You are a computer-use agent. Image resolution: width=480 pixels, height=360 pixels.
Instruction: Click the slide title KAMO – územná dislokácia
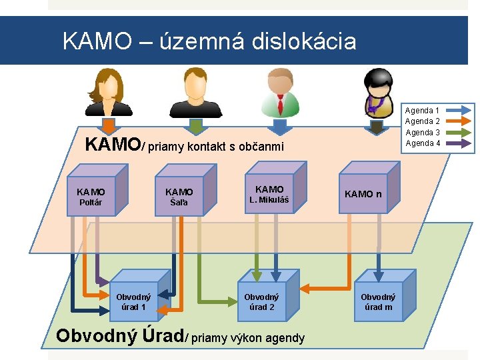coord(209,41)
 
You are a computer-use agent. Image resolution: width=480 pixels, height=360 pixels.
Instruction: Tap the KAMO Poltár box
coord(91,197)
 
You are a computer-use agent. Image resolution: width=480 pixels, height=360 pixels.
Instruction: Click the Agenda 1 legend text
coord(422,111)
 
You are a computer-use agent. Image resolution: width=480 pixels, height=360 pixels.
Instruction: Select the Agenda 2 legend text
coord(422,121)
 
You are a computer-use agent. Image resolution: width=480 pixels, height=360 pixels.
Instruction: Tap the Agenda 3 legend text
coord(422,132)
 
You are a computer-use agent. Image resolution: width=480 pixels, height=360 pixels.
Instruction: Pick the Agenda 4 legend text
coord(422,143)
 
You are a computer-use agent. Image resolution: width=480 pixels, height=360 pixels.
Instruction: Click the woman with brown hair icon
coord(108,93)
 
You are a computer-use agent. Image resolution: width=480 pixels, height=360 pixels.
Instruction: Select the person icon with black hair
coord(377,93)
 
